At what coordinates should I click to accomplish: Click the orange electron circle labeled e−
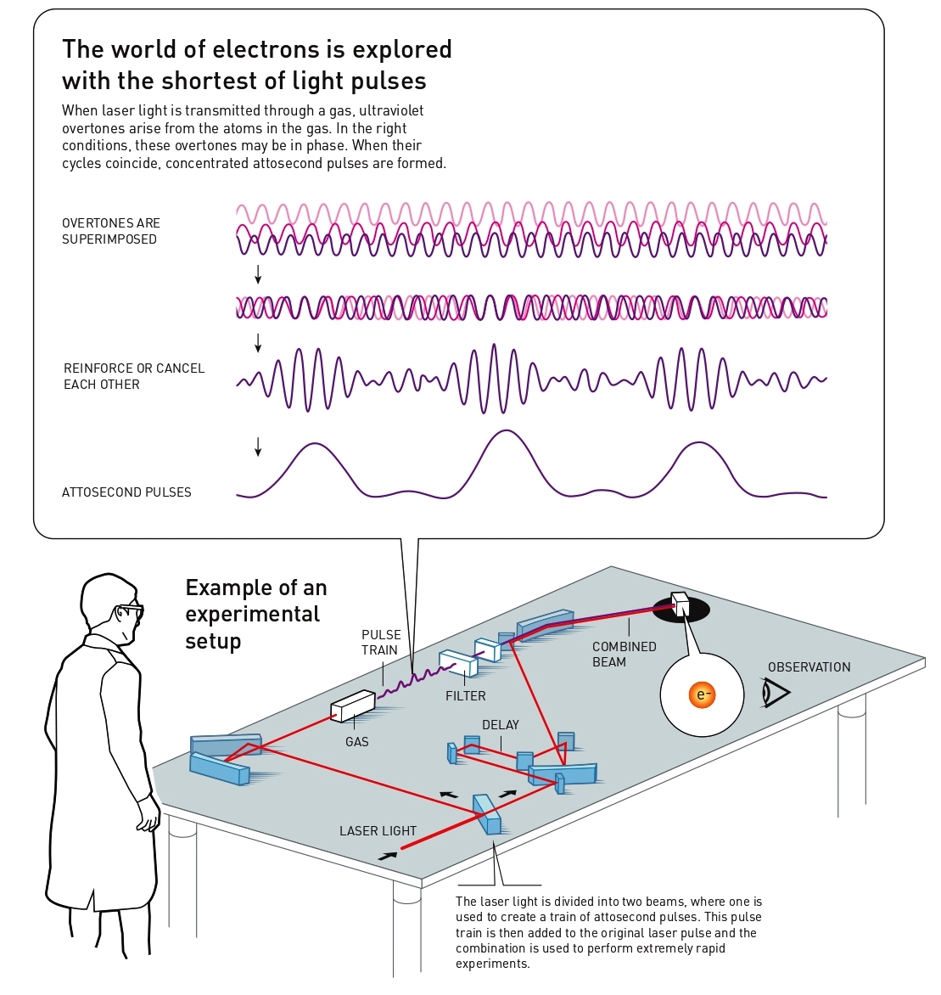pyautogui.click(x=702, y=694)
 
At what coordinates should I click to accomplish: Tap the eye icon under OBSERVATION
pyautogui.click(x=776, y=692)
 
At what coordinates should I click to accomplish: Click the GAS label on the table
pyautogui.click(x=357, y=742)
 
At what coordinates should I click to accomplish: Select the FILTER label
pyautogui.click(x=466, y=696)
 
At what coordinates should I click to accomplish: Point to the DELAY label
pyautogui.click(x=501, y=725)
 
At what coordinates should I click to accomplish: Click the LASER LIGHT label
pyautogui.click(x=378, y=830)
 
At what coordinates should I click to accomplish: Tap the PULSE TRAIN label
pyautogui.click(x=380, y=642)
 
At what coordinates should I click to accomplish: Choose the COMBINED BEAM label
pyautogui.click(x=624, y=655)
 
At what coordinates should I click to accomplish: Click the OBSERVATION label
pyautogui.click(x=809, y=667)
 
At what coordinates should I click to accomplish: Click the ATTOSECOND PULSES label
pyautogui.click(x=126, y=492)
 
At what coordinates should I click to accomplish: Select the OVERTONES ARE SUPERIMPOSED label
pyautogui.click(x=111, y=231)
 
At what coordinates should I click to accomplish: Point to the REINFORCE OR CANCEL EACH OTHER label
pyautogui.click(x=134, y=376)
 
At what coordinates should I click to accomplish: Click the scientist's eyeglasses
pyautogui.click(x=131, y=611)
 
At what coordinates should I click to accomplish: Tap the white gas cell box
pyautogui.click(x=353, y=705)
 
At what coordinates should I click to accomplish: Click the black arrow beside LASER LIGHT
pyautogui.click(x=388, y=856)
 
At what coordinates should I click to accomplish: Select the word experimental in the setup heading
pyautogui.click(x=252, y=615)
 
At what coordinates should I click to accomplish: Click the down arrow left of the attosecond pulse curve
pyautogui.click(x=258, y=447)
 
